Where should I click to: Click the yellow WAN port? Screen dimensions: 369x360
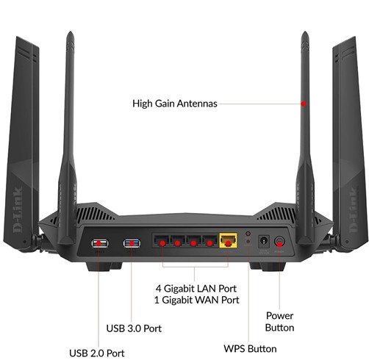pos(228,240)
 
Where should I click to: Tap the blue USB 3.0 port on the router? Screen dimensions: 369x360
pos(132,243)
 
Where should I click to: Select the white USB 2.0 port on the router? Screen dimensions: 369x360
pos(100,243)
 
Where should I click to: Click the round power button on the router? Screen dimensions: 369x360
pos(279,241)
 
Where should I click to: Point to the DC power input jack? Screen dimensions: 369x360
pos(264,242)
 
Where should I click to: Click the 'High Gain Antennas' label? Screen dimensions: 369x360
pos(175,104)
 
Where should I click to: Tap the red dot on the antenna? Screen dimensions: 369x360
pos(304,104)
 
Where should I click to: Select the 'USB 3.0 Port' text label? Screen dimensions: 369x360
pos(134,328)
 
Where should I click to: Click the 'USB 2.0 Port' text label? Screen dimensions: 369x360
pos(97,353)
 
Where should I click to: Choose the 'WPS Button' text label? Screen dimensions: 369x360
pos(250,348)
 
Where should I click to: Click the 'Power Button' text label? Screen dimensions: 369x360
pos(279,322)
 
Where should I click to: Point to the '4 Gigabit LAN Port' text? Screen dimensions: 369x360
pos(196,289)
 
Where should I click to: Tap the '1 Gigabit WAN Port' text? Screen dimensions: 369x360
pos(196,300)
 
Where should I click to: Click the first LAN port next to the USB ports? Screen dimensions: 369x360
pos(162,241)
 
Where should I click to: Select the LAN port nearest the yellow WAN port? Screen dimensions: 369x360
pos(209,241)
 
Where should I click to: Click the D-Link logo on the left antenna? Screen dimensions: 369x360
pos(18,209)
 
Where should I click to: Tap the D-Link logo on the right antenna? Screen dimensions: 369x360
pos(353,209)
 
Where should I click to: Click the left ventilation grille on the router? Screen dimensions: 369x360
pos(93,214)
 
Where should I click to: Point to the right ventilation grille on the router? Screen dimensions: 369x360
pos(277,214)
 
